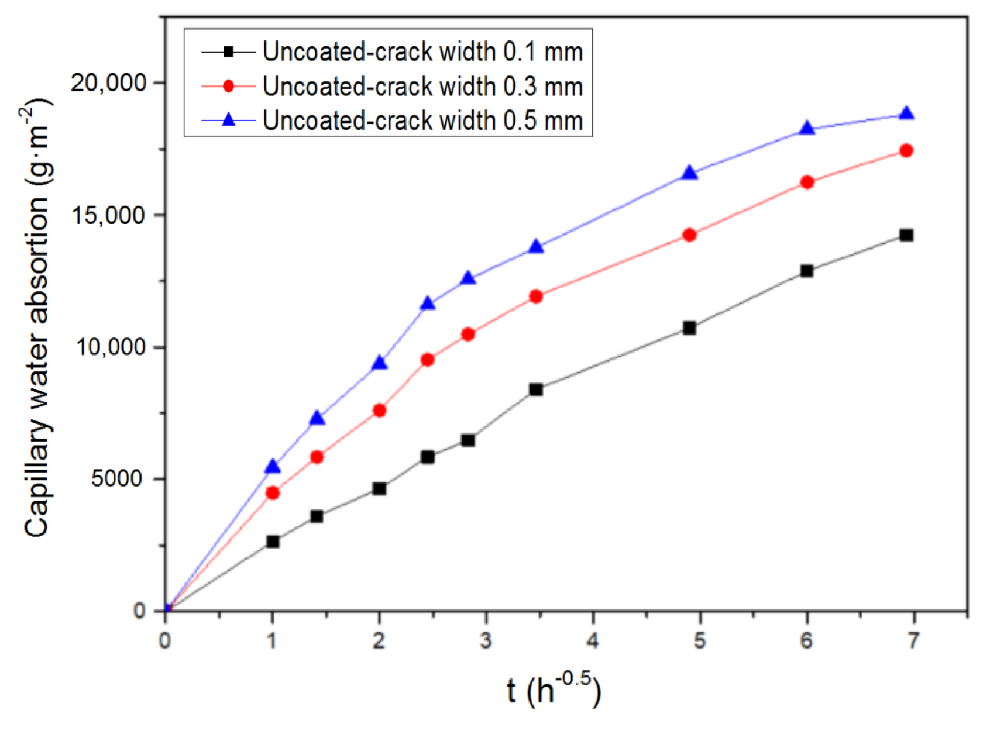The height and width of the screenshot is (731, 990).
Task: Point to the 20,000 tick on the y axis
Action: coord(108,82)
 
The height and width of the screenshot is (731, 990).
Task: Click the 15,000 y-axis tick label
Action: coord(108,215)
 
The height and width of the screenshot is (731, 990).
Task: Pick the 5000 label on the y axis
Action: coord(116,479)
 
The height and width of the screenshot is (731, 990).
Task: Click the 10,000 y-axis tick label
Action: coord(108,347)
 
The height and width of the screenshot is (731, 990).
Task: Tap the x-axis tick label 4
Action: coord(593,641)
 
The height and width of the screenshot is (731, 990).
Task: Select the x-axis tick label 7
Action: coord(913,641)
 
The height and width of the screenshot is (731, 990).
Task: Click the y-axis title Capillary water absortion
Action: coord(39,319)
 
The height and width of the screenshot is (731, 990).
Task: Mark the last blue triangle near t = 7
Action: coord(906,114)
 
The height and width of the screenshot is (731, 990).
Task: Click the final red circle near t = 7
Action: coord(906,151)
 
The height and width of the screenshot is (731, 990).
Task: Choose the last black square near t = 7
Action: coord(906,235)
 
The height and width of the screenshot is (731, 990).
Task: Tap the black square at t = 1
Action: coord(273,542)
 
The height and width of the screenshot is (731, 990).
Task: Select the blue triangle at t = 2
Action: coord(379,364)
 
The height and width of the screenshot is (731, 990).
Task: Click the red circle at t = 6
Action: coord(807,182)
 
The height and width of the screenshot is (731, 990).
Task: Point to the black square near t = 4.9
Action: coord(689,328)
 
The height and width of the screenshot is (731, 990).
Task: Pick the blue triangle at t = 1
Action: coord(273,467)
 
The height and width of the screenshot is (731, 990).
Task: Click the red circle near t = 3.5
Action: coord(536,296)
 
